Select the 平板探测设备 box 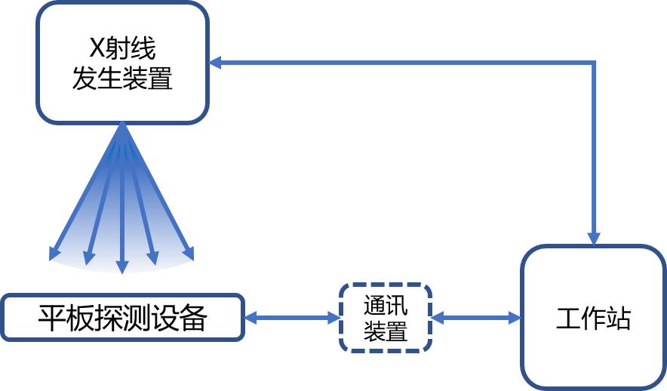(122, 318)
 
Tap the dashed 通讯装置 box (386, 317)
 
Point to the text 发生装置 (122, 77)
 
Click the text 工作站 (593, 318)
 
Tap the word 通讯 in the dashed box (386, 306)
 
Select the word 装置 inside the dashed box (386, 331)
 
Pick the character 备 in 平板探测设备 (193, 318)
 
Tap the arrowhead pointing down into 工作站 (594, 239)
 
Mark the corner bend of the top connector (594, 63)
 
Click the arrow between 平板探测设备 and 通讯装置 (292, 318)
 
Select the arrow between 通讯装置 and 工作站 (476, 318)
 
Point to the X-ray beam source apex (122, 125)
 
